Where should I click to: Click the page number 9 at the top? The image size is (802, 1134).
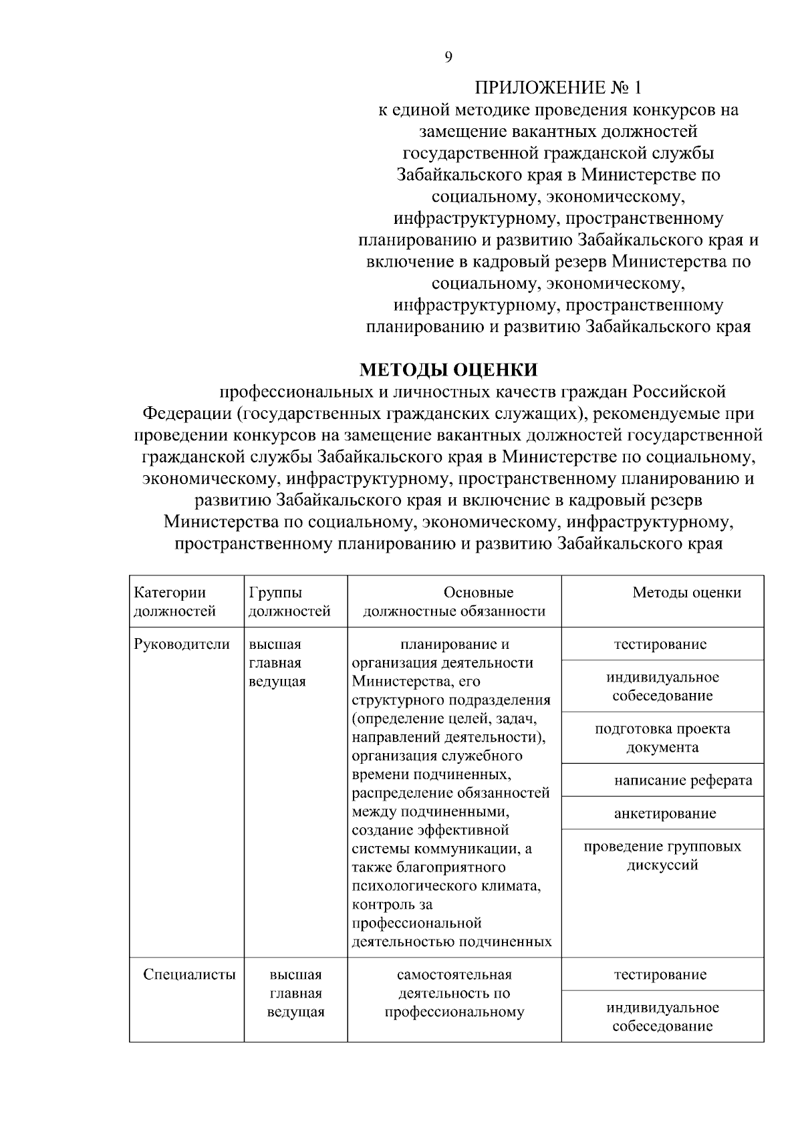click(448, 57)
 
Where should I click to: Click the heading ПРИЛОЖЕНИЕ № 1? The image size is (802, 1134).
click(558, 88)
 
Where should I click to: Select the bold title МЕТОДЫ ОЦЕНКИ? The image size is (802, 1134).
click(448, 370)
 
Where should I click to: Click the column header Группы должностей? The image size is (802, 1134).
click(289, 601)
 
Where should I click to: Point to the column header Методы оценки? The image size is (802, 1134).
click(686, 593)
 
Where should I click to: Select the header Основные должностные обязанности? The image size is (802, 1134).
click(454, 601)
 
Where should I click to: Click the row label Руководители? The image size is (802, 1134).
click(182, 645)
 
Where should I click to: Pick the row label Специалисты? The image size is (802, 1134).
click(189, 974)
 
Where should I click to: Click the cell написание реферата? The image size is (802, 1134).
click(683, 781)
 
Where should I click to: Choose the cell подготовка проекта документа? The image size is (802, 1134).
click(662, 738)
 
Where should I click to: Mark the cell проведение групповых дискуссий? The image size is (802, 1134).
click(662, 855)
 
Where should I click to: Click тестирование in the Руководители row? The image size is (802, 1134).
click(660, 645)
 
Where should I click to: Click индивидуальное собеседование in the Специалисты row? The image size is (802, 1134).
click(662, 1016)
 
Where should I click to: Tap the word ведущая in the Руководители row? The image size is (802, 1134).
click(277, 682)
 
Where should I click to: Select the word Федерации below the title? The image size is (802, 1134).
click(187, 414)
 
